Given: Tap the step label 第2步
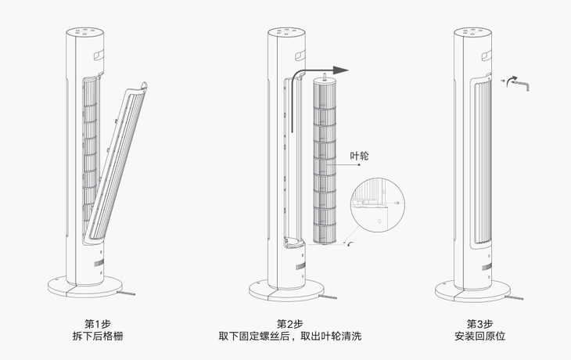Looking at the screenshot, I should tap(289, 324).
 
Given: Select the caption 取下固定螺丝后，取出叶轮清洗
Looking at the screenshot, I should tap(289, 337).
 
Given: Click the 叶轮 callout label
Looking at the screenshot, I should tap(358, 156).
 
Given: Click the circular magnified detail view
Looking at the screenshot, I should tap(379, 209).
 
